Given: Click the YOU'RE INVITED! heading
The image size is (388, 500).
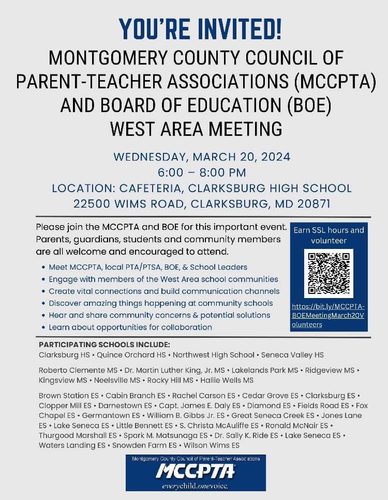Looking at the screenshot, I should (x=200, y=29).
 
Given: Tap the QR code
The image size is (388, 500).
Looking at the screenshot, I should (x=328, y=274).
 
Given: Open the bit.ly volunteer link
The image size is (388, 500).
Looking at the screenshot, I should (x=328, y=315).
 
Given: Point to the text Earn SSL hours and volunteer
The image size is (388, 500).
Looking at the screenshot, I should (x=329, y=235).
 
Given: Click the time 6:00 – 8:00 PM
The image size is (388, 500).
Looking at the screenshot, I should (x=202, y=173).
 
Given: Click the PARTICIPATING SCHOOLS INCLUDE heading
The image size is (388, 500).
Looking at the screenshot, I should (x=104, y=345).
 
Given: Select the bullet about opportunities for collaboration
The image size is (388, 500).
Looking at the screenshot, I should (x=130, y=327).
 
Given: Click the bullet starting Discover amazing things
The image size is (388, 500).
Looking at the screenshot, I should (x=160, y=303).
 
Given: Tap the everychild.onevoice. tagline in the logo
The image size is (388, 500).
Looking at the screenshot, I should (x=196, y=486).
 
